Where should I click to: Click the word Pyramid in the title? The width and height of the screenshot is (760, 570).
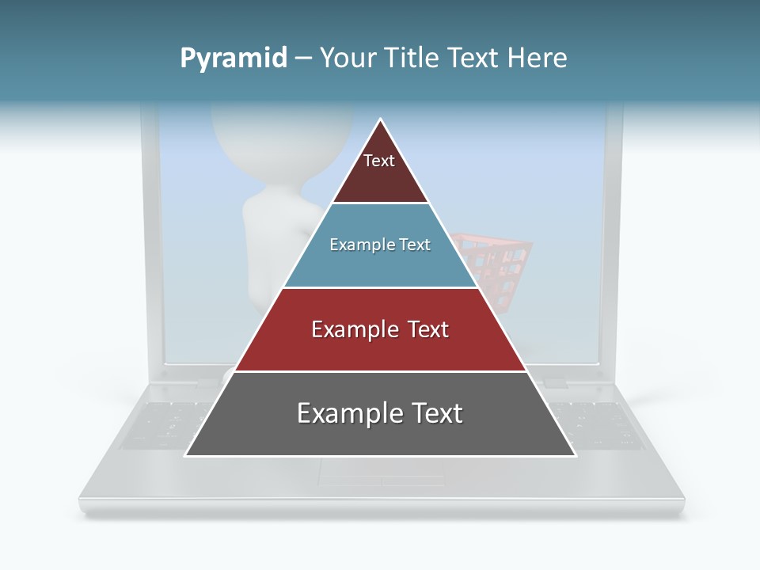coord(234,59)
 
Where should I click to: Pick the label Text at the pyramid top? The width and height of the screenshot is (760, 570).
coord(379,161)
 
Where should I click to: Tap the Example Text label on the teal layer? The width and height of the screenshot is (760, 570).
coord(380,245)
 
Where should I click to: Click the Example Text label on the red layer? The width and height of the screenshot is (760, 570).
coord(380,329)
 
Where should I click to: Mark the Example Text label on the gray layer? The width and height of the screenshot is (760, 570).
coord(380,413)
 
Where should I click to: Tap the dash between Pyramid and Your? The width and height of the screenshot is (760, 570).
coord(303,59)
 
